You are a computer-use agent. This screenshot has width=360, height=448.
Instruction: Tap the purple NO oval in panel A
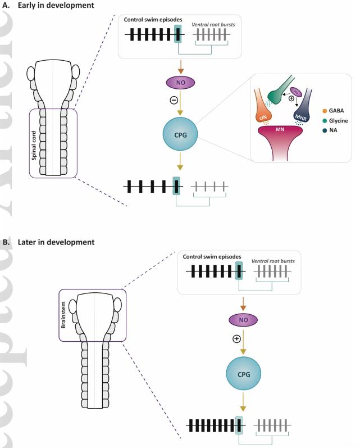[x=178, y=82]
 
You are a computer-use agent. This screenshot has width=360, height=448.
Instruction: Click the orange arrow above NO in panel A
[x=178, y=65]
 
